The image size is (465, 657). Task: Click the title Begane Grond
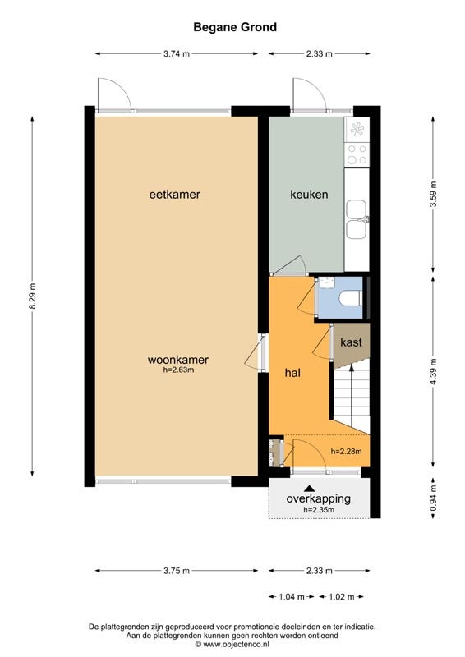click(235, 27)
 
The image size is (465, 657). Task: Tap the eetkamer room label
click(175, 195)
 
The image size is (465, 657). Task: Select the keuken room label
click(309, 195)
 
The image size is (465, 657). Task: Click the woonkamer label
click(178, 360)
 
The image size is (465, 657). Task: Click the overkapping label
click(318, 498)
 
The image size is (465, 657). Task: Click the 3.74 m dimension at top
click(176, 54)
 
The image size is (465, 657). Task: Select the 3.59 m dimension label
click(433, 195)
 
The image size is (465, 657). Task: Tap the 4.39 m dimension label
click(433, 374)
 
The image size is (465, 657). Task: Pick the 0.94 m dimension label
click(433, 498)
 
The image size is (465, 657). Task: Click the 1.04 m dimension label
click(290, 597)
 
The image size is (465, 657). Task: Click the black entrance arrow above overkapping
click(310, 488)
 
